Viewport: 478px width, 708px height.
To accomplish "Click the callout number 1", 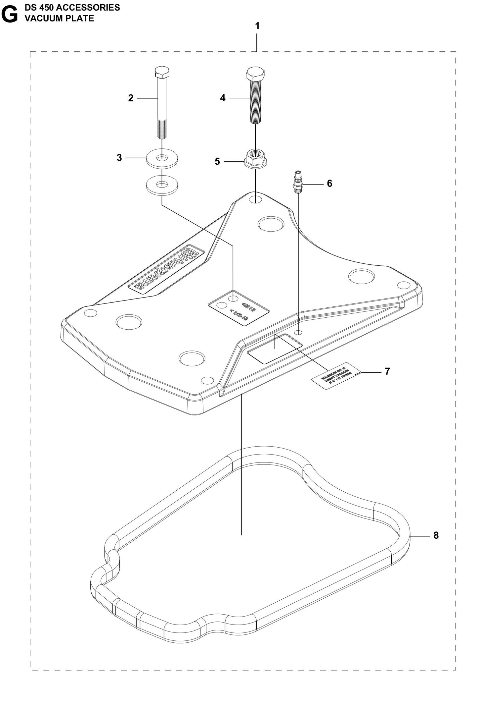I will (x=257, y=26).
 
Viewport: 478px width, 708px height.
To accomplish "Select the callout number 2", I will (x=131, y=98).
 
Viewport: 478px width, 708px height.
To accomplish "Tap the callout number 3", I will (x=119, y=158).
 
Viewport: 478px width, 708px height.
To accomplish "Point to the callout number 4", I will (x=223, y=98).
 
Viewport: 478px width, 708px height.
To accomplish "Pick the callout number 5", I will (x=217, y=161).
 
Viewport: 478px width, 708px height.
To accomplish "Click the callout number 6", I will (x=329, y=183).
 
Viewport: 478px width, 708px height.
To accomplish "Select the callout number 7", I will (x=387, y=371).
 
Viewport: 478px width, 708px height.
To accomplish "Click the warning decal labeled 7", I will (x=336, y=376).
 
